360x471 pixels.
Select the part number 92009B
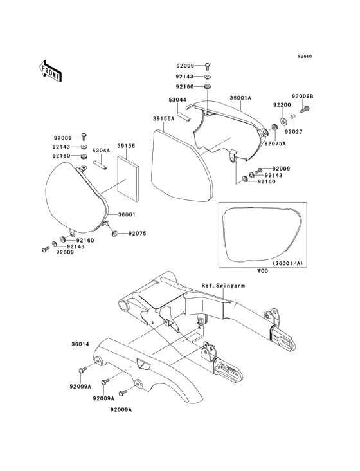(x=302, y=96)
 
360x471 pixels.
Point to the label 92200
(x=282, y=104)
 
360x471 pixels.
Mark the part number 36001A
(x=240, y=98)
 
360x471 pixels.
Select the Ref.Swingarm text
(x=221, y=285)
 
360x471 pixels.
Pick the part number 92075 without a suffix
(x=138, y=234)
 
